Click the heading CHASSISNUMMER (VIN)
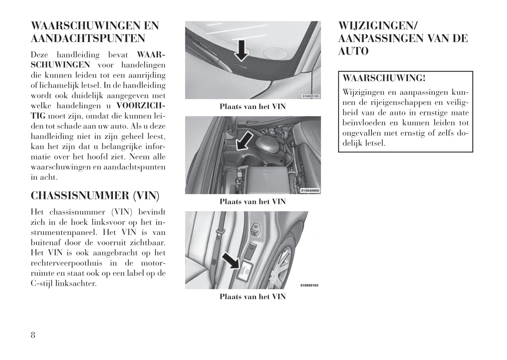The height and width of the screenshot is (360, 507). [x=95, y=196]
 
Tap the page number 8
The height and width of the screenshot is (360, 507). [x=33, y=335]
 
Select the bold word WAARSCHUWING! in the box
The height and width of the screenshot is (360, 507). [x=384, y=78]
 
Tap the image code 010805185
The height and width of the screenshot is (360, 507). [x=310, y=96]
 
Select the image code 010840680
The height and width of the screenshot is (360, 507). [x=310, y=191]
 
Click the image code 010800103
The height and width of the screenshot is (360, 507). [x=309, y=286]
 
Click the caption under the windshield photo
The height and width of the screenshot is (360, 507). [x=253, y=107]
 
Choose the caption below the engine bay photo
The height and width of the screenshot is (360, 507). [x=253, y=202]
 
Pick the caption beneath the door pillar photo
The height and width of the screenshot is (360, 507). [x=253, y=297]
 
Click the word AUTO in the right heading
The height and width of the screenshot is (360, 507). [x=353, y=51]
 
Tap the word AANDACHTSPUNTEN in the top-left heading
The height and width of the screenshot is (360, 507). [x=88, y=38]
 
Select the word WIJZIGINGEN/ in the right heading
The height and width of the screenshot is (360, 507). [x=378, y=26]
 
